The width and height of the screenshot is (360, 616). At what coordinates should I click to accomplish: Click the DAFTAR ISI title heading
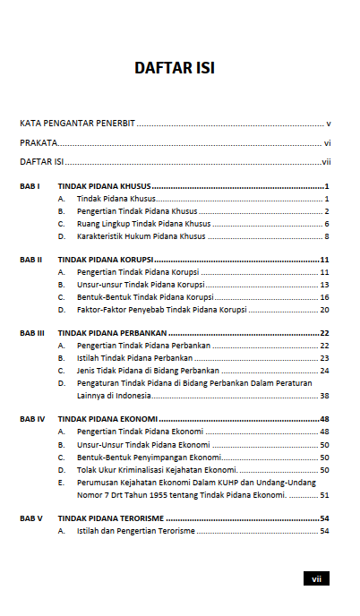click(x=174, y=68)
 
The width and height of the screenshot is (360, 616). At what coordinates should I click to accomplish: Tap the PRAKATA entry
click(x=39, y=143)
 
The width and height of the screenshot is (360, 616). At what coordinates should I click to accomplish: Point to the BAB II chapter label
click(x=31, y=260)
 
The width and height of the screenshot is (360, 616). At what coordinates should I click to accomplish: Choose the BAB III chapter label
click(x=32, y=333)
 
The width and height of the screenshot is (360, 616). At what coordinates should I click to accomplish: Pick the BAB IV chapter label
click(x=32, y=419)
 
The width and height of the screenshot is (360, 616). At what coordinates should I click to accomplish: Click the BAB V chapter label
click(x=31, y=518)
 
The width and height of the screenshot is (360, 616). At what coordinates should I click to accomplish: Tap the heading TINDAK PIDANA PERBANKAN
click(x=116, y=333)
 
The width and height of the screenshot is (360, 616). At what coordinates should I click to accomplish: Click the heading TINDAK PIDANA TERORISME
click(x=111, y=518)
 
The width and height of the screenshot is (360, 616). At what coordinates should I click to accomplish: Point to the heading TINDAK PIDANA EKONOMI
click(x=108, y=419)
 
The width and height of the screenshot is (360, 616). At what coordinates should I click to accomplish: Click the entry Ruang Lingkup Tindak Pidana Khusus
click(x=143, y=224)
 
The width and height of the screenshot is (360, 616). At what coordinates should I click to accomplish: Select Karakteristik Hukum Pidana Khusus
click(x=141, y=236)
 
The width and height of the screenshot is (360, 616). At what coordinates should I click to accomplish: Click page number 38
click(x=325, y=396)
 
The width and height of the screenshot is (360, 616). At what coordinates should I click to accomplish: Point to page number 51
click(x=325, y=494)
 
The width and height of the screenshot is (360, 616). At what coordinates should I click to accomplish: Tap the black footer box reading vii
click(x=316, y=579)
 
